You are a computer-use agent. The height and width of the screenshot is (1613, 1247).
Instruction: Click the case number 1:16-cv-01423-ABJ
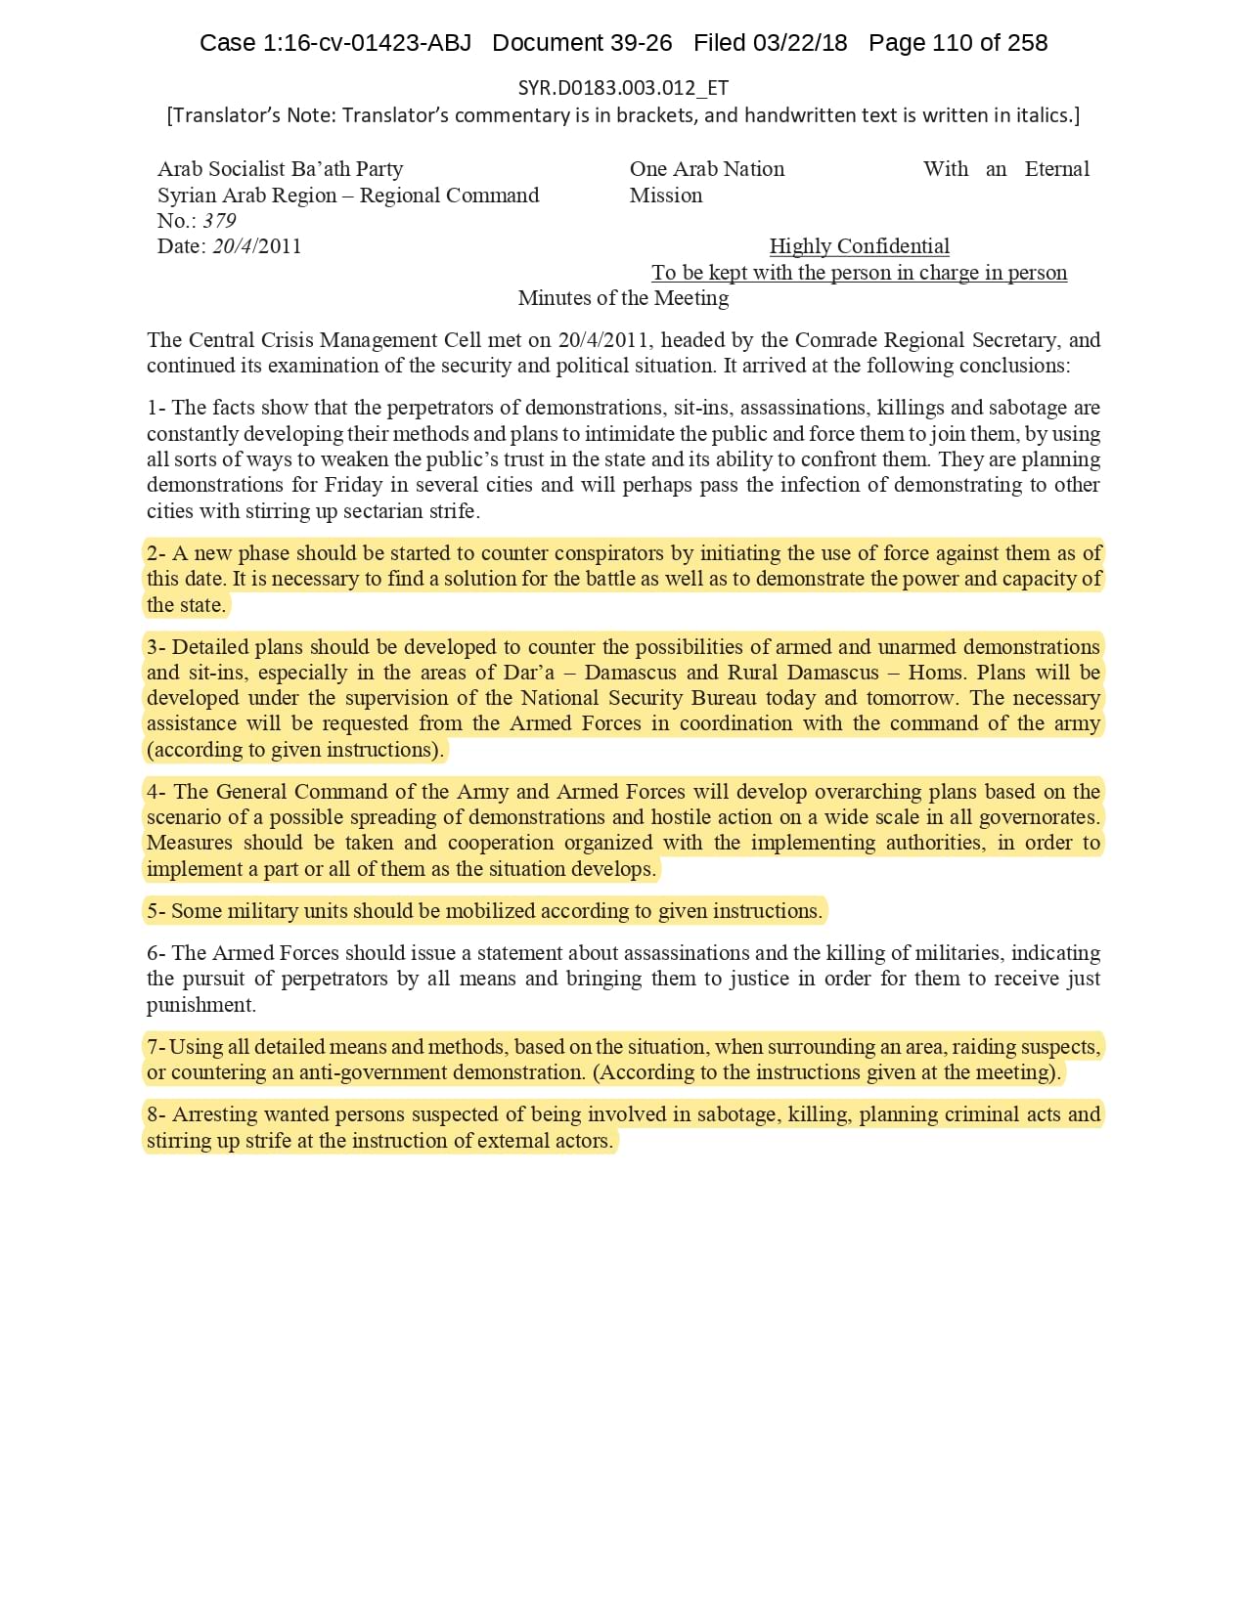[367, 43]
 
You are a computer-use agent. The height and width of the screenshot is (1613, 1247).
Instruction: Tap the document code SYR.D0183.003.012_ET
[623, 88]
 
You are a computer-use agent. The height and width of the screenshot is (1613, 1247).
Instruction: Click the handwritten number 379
[219, 221]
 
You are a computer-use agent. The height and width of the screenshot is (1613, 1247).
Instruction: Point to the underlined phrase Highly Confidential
[859, 246]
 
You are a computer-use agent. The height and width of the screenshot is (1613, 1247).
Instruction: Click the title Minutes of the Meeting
[623, 298]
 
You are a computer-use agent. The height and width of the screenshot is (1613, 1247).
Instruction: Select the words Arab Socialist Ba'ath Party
[280, 169]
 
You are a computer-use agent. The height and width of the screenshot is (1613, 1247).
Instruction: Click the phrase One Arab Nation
[706, 169]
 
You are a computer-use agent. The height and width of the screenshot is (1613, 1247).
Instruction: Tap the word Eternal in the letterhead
[1056, 169]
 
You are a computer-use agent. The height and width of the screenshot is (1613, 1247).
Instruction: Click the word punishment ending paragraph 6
[200, 1005]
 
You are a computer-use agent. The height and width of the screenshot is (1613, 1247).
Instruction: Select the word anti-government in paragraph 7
[365, 1072]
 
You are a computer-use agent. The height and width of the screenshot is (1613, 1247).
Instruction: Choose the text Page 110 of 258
[958, 43]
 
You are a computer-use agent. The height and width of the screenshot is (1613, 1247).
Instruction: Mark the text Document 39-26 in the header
[582, 43]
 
